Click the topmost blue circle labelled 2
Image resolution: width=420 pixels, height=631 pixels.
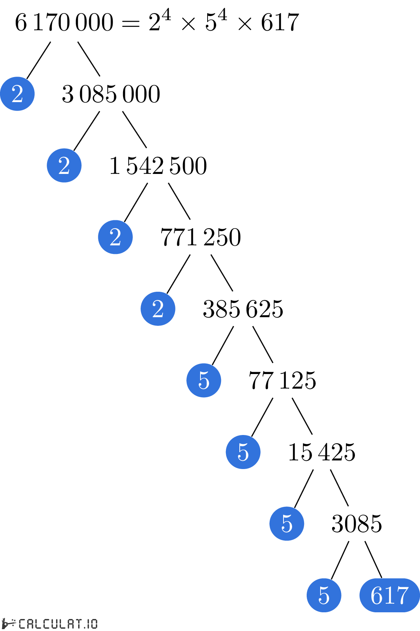point(17,94)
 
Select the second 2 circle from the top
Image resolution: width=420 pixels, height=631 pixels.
point(64,165)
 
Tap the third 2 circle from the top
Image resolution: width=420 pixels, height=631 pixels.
point(115,237)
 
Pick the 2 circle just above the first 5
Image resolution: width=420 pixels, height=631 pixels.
point(158,309)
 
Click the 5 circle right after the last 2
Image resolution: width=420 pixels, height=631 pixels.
point(204,380)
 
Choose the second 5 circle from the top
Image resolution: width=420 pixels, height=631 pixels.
point(243,452)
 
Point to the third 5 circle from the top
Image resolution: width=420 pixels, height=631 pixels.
point(286,524)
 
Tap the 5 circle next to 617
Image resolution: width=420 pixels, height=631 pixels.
point(324,595)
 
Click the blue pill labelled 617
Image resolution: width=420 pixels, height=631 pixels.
point(389,595)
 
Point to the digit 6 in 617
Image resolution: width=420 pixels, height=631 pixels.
point(376,595)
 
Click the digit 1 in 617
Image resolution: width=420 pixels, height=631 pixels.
point(389,595)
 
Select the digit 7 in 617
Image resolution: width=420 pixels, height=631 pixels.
point(402,595)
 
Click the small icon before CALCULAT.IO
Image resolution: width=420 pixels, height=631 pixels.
point(9,624)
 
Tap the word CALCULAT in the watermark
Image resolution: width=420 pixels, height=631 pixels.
point(50,624)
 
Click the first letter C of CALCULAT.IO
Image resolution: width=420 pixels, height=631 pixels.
point(22,624)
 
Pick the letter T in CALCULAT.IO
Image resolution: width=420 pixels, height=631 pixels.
point(78,624)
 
